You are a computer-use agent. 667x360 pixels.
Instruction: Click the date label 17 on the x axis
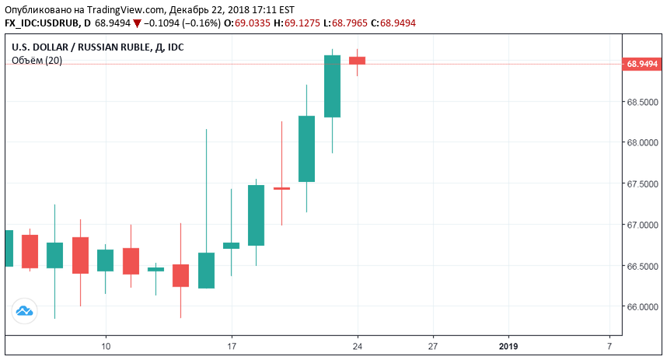click(232, 345)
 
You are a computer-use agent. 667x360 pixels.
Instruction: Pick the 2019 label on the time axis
click(508, 345)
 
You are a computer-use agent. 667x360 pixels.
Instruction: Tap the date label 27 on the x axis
click(433, 345)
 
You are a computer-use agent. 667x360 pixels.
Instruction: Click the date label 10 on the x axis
click(106, 345)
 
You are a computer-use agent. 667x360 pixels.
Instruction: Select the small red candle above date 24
click(358, 60)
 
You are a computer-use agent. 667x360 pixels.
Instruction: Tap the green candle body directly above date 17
click(232, 246)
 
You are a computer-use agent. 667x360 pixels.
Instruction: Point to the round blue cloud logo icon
click(25, 312)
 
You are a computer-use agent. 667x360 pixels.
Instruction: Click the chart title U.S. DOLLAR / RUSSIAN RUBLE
click(80, 47)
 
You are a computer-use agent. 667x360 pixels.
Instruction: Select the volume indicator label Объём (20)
click(37, 61)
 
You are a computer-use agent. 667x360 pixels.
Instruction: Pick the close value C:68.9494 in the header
click(393, 23)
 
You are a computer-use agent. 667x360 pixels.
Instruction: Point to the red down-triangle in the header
click(138, 23)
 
